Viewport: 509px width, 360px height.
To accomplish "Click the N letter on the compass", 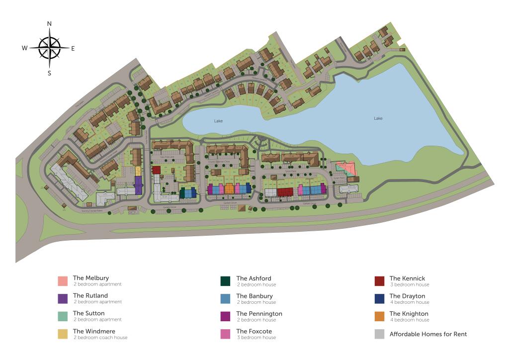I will point(49,23).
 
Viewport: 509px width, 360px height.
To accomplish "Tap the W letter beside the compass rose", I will point(24,48).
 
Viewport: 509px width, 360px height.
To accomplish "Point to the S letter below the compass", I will point(49,73).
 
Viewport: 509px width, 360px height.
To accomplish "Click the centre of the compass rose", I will point(49,48).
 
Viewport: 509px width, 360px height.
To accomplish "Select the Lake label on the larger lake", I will point(378,118).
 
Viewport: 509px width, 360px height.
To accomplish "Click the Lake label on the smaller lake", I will point(218,121).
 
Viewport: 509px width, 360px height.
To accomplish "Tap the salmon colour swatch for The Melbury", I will point(62,281).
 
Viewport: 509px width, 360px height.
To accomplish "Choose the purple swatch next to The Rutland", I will point(62,299).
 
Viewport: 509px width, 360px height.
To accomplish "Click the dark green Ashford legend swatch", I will point(225,281).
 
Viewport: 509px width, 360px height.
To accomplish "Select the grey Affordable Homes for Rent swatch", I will point(379,334).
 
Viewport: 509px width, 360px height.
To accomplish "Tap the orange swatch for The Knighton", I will point(379,317).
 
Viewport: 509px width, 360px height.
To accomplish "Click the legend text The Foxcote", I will point(254,331).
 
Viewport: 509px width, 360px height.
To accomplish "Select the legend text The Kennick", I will point(407,278).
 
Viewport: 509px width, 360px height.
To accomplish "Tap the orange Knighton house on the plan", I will point(229,189).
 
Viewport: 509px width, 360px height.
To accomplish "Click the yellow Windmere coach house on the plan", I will point(138,171).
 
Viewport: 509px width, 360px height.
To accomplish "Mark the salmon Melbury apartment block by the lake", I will point(346,168).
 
